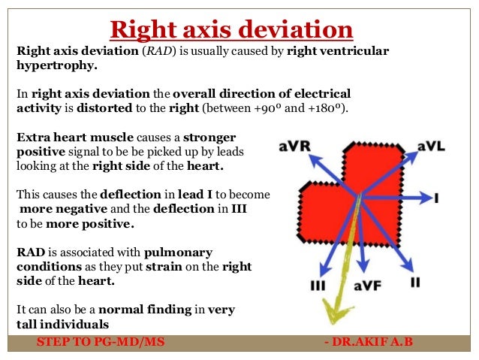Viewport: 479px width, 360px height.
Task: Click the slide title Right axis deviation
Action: pyautogui.click(x=231, y=29)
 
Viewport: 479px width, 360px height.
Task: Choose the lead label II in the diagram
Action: pyautogui.click(x=414, y=282)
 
